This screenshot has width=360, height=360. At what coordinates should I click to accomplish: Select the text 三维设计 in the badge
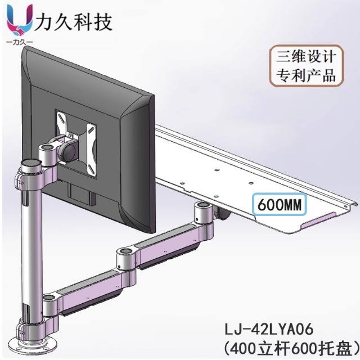coord(307,57)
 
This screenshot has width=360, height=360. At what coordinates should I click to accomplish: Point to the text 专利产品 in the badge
coord(307,75)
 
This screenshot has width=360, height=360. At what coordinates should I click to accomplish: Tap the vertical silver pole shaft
coord(29,247)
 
